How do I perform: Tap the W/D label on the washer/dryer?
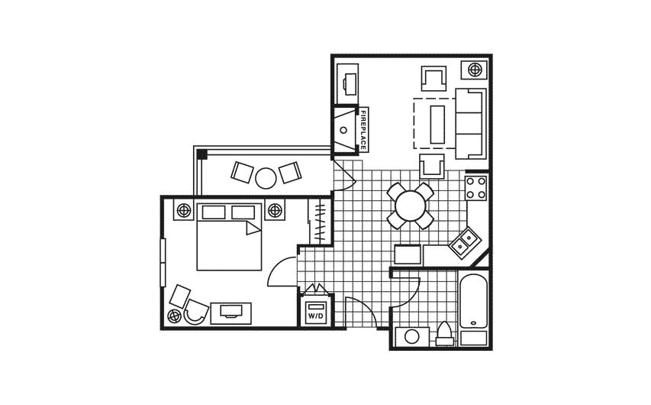click(x=315, y=314)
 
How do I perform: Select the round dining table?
click(x=410, y=205)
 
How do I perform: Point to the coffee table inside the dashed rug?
click(x=439, y=123)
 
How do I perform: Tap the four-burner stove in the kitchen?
click(x=476, y=187)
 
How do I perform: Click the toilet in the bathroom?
click(x=445, y=335)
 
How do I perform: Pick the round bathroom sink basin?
click(x=413, y=335)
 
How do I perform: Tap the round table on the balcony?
click(x=266, y=177)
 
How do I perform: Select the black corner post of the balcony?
click(x=201, y=154)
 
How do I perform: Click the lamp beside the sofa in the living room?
click(x=475, y=70)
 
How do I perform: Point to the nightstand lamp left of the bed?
click(x=184, y=210)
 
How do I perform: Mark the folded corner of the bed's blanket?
click(x=251, y=228)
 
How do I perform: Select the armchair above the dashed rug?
click(x=433, y=79)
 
